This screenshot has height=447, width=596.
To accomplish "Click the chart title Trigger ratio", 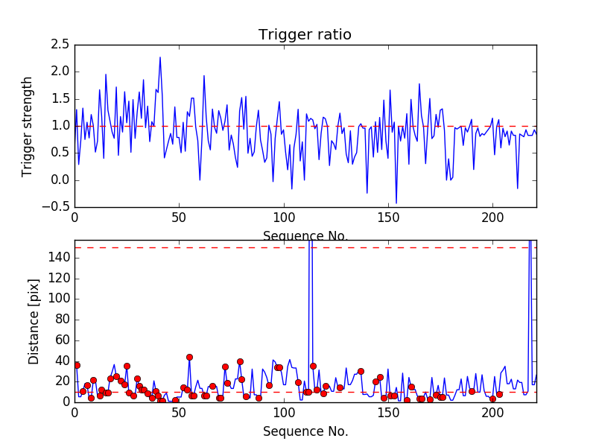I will pyautogui.click(x=305, y=35).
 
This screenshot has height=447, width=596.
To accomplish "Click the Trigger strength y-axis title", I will pyautogui.click(x=28, y=126).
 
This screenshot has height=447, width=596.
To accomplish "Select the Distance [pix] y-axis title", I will pyautogui.click(x=34, y=321).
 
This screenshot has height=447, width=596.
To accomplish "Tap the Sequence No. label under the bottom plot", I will pyautogui.click(x=305, y=431).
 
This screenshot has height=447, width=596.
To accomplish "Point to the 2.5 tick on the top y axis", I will pyautogui.click(x=60, y=45).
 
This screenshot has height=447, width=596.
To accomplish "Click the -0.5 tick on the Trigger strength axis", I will pyautogui.click(x=58, y=207).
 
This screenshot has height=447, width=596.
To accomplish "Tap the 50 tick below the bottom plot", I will pyautogui.click(x=179, y=413).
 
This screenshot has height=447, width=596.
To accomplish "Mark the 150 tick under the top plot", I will pyautogui.click(x=389, y=218).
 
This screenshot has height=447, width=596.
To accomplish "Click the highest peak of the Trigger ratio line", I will pyautogui.click(x=159, y=57).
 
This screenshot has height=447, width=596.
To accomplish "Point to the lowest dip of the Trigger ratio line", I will pyautogui.click(x=396, y=203).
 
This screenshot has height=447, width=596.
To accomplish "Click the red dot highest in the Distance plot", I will pyautogui.click(x=189, y=357).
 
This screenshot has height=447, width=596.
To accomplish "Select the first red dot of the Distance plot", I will pyautogui.click(x=77, y=365).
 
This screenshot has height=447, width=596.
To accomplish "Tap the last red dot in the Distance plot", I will pyautogui.click(x=499, y=394).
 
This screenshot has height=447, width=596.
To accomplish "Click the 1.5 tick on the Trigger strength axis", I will pyautogui.click(x=60, y=99).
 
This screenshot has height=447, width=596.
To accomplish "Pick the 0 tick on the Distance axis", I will pyautogui.click(x=66, y=402).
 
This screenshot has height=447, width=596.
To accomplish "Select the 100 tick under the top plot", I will pyautogui.click(x=284, y=218).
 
